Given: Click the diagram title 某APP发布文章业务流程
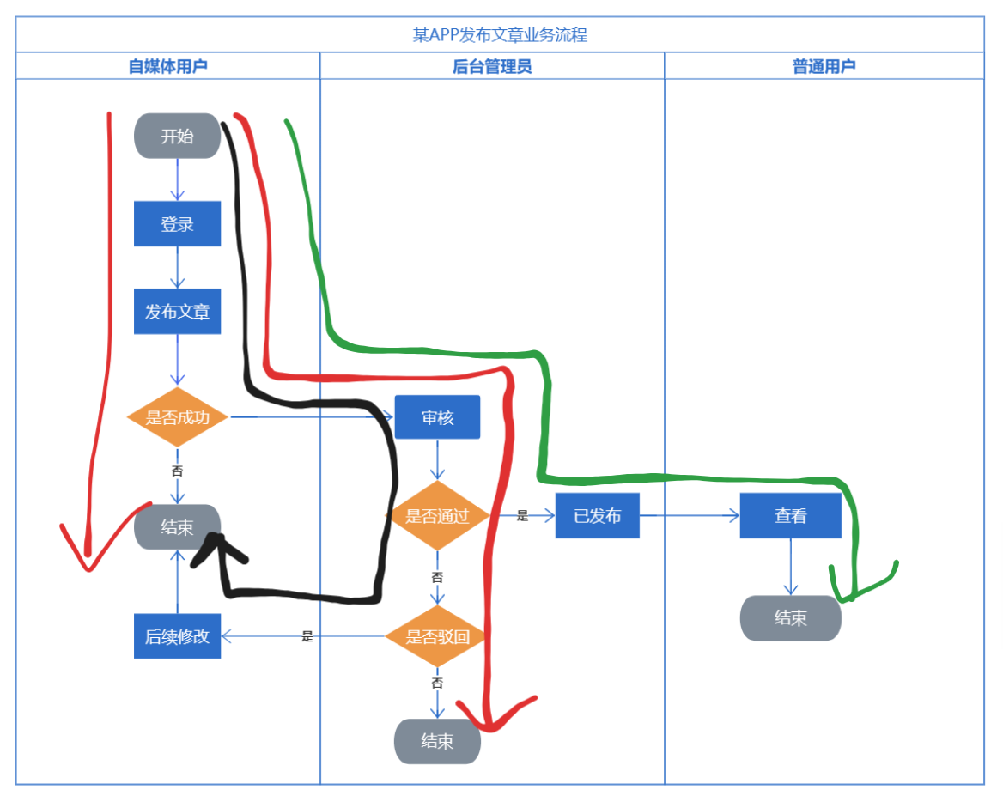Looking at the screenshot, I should click(x=500, y=35).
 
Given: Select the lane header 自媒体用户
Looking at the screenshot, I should click(x=167, y=66).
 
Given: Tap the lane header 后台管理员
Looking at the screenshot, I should click(x=492, y=66).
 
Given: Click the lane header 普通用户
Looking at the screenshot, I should click(x=824, y=66).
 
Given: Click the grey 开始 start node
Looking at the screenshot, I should click(x=177, y=137).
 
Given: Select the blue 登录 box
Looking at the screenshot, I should click(x=177, y=224).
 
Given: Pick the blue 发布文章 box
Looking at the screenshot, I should click(x=177, y=312).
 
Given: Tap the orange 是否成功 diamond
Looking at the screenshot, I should click(x=177, y=417).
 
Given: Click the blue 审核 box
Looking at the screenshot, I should click(x=437, y=417).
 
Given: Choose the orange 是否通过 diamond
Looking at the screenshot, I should click(x=437, y=515).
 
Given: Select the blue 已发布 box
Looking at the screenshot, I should click(x=597, y=515).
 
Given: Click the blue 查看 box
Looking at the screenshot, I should click(x=790, y=515).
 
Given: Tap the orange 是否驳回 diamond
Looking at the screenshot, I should click(x=437, y=636).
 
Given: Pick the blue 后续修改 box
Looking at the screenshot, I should click(x=177, y=636).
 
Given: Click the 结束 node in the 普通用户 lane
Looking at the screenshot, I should click(x=790, y=617).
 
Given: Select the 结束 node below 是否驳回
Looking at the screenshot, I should click(x=437, y=741).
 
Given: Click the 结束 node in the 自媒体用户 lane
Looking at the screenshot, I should click(x=177, y=526).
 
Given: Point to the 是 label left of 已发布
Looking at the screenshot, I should click(x=522, y=516).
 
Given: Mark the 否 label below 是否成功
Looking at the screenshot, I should click(x=177, y=471).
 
